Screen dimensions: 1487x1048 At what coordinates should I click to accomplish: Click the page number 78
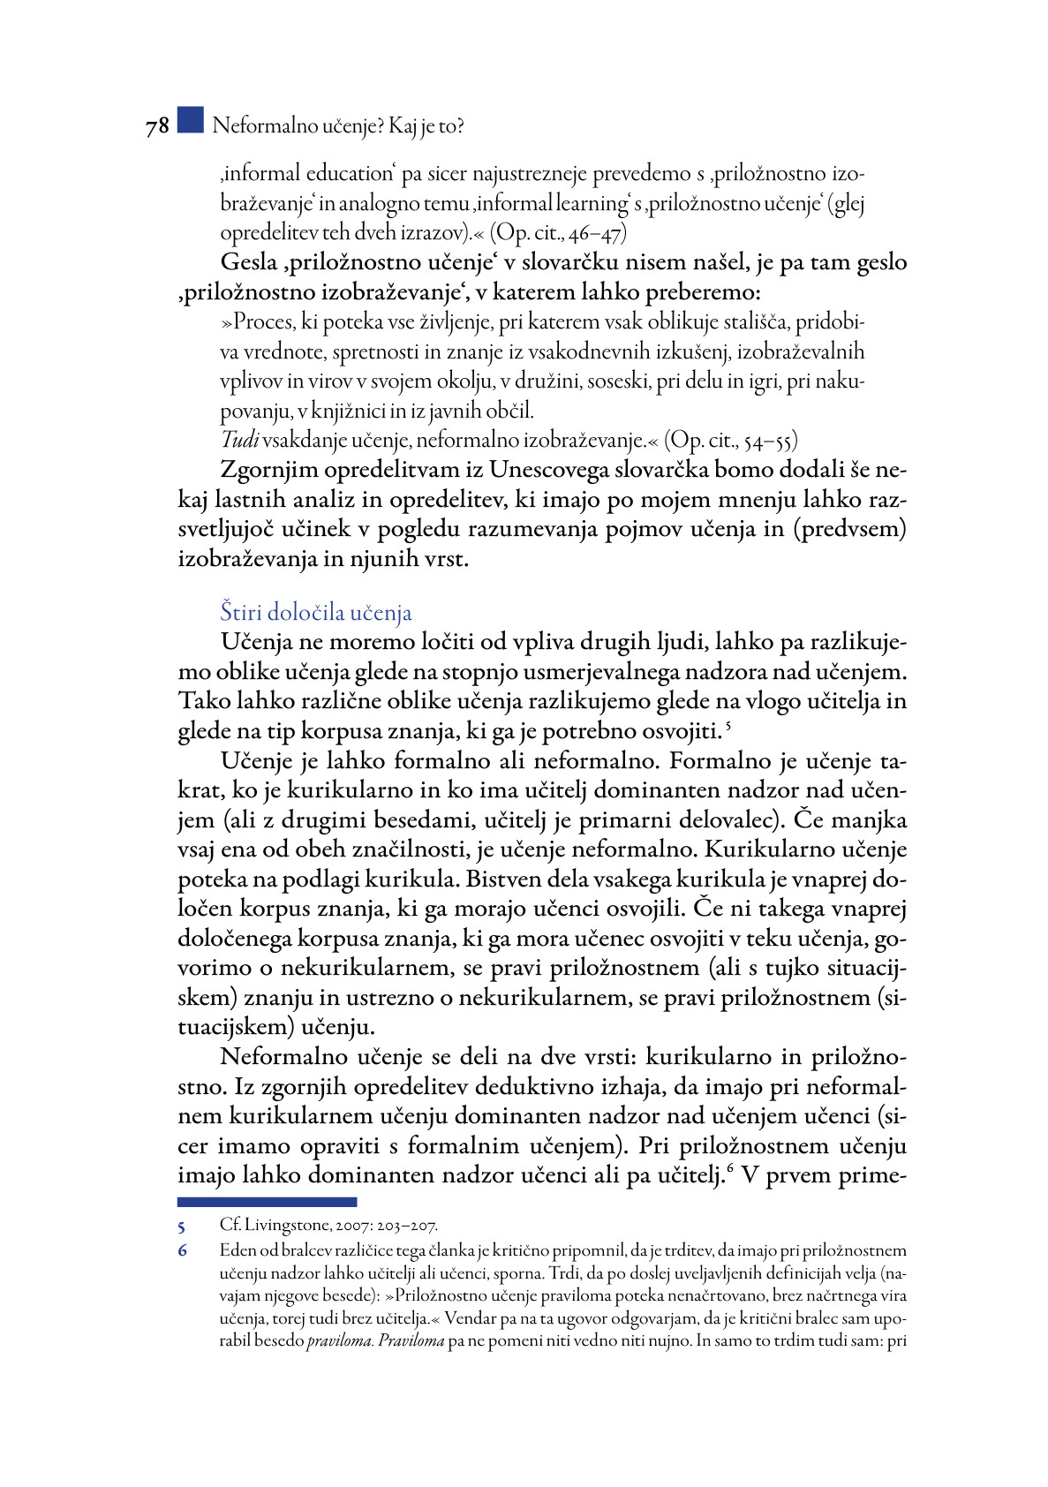[157, 127]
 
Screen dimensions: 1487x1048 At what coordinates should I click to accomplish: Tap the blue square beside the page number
[190, 120]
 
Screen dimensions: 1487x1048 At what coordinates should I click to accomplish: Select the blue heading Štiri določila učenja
[315, 612]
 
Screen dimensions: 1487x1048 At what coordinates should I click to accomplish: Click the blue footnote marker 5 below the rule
[181, 1227]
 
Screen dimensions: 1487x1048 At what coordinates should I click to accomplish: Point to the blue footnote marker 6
[182, 1250]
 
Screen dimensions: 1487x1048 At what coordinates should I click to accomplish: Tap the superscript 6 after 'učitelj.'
[732, 1170]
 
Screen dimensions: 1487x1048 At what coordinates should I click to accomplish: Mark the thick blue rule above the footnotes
[267, 1202]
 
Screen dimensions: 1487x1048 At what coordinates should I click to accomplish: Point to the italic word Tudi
[239, 440]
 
